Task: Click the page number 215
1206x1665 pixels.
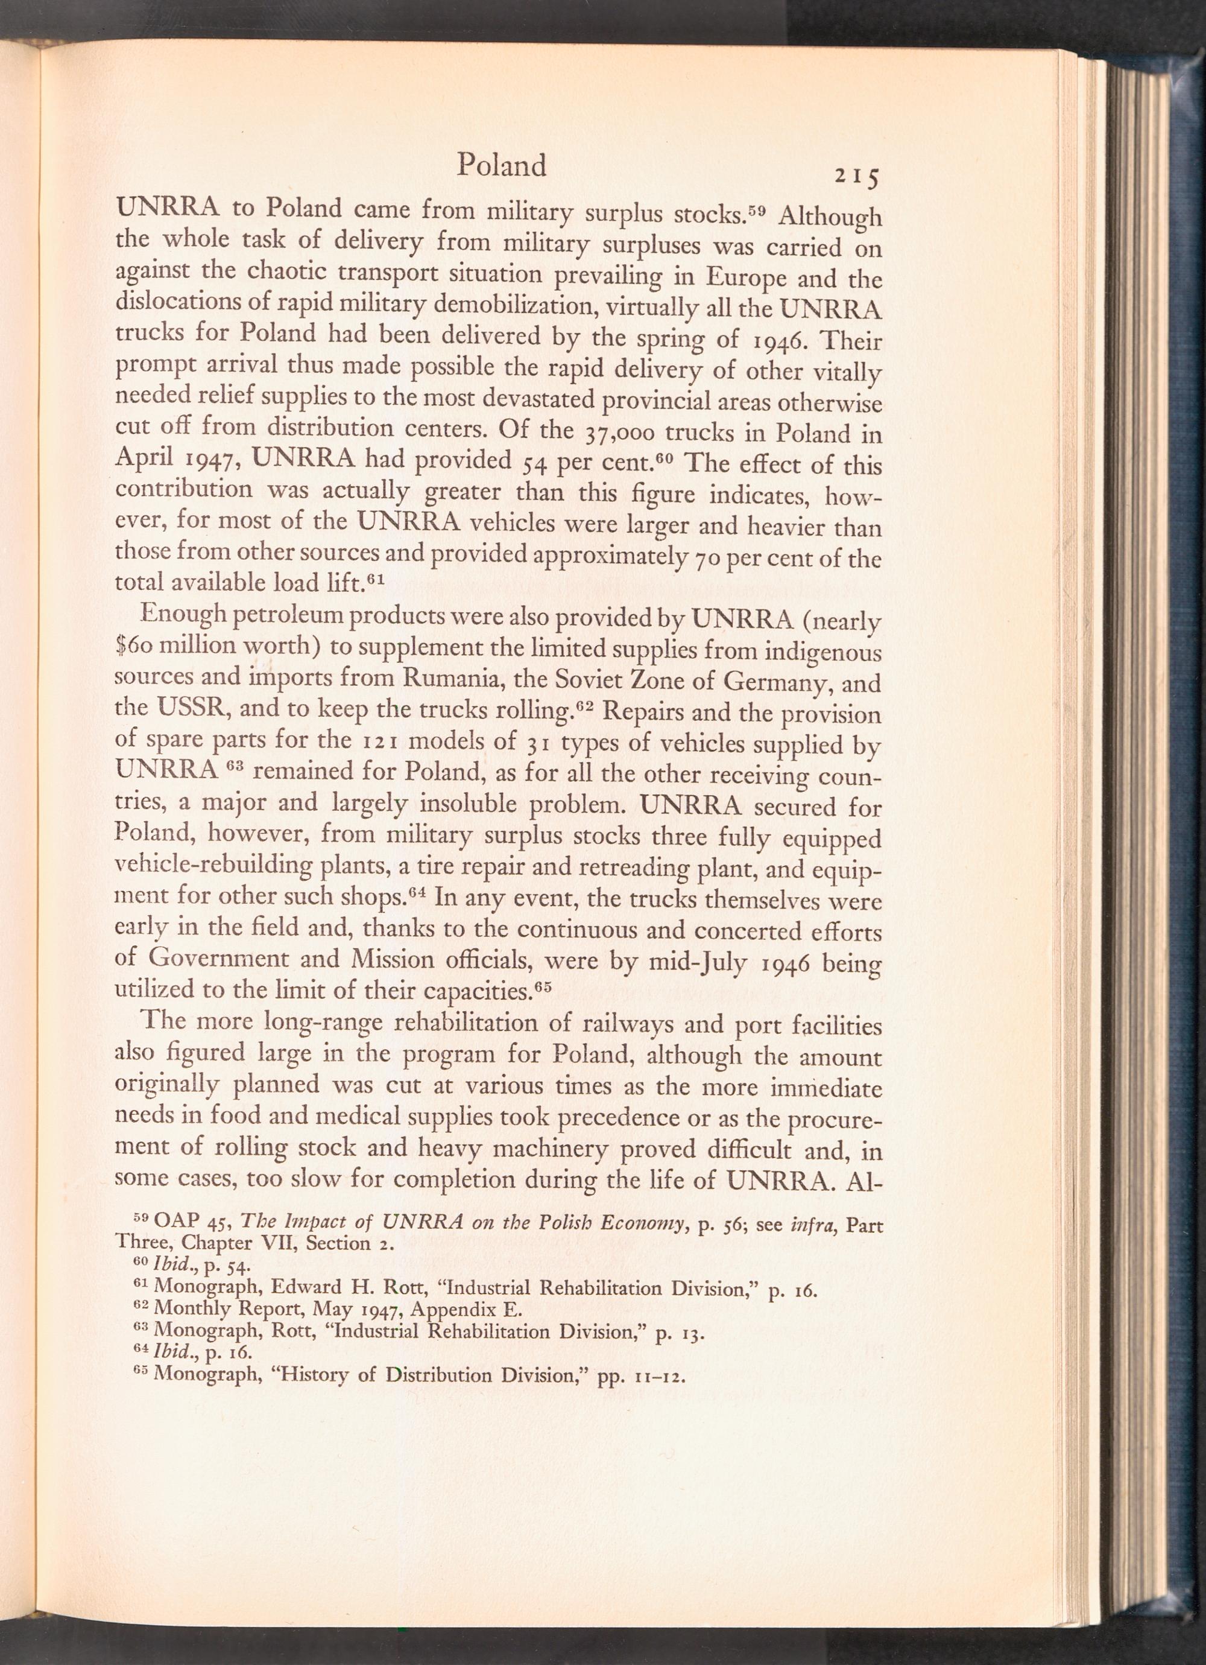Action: (857, 177)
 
